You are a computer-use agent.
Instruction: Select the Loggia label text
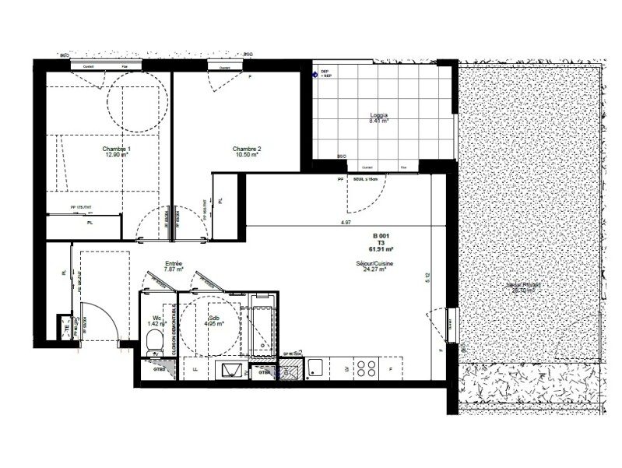[379, 114]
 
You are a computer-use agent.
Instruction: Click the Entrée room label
[174, 264]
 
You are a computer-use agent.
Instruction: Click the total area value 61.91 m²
[381, 249]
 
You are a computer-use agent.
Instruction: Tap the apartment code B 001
[381, 235]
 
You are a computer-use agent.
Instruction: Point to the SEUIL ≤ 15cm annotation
[367, 180]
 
